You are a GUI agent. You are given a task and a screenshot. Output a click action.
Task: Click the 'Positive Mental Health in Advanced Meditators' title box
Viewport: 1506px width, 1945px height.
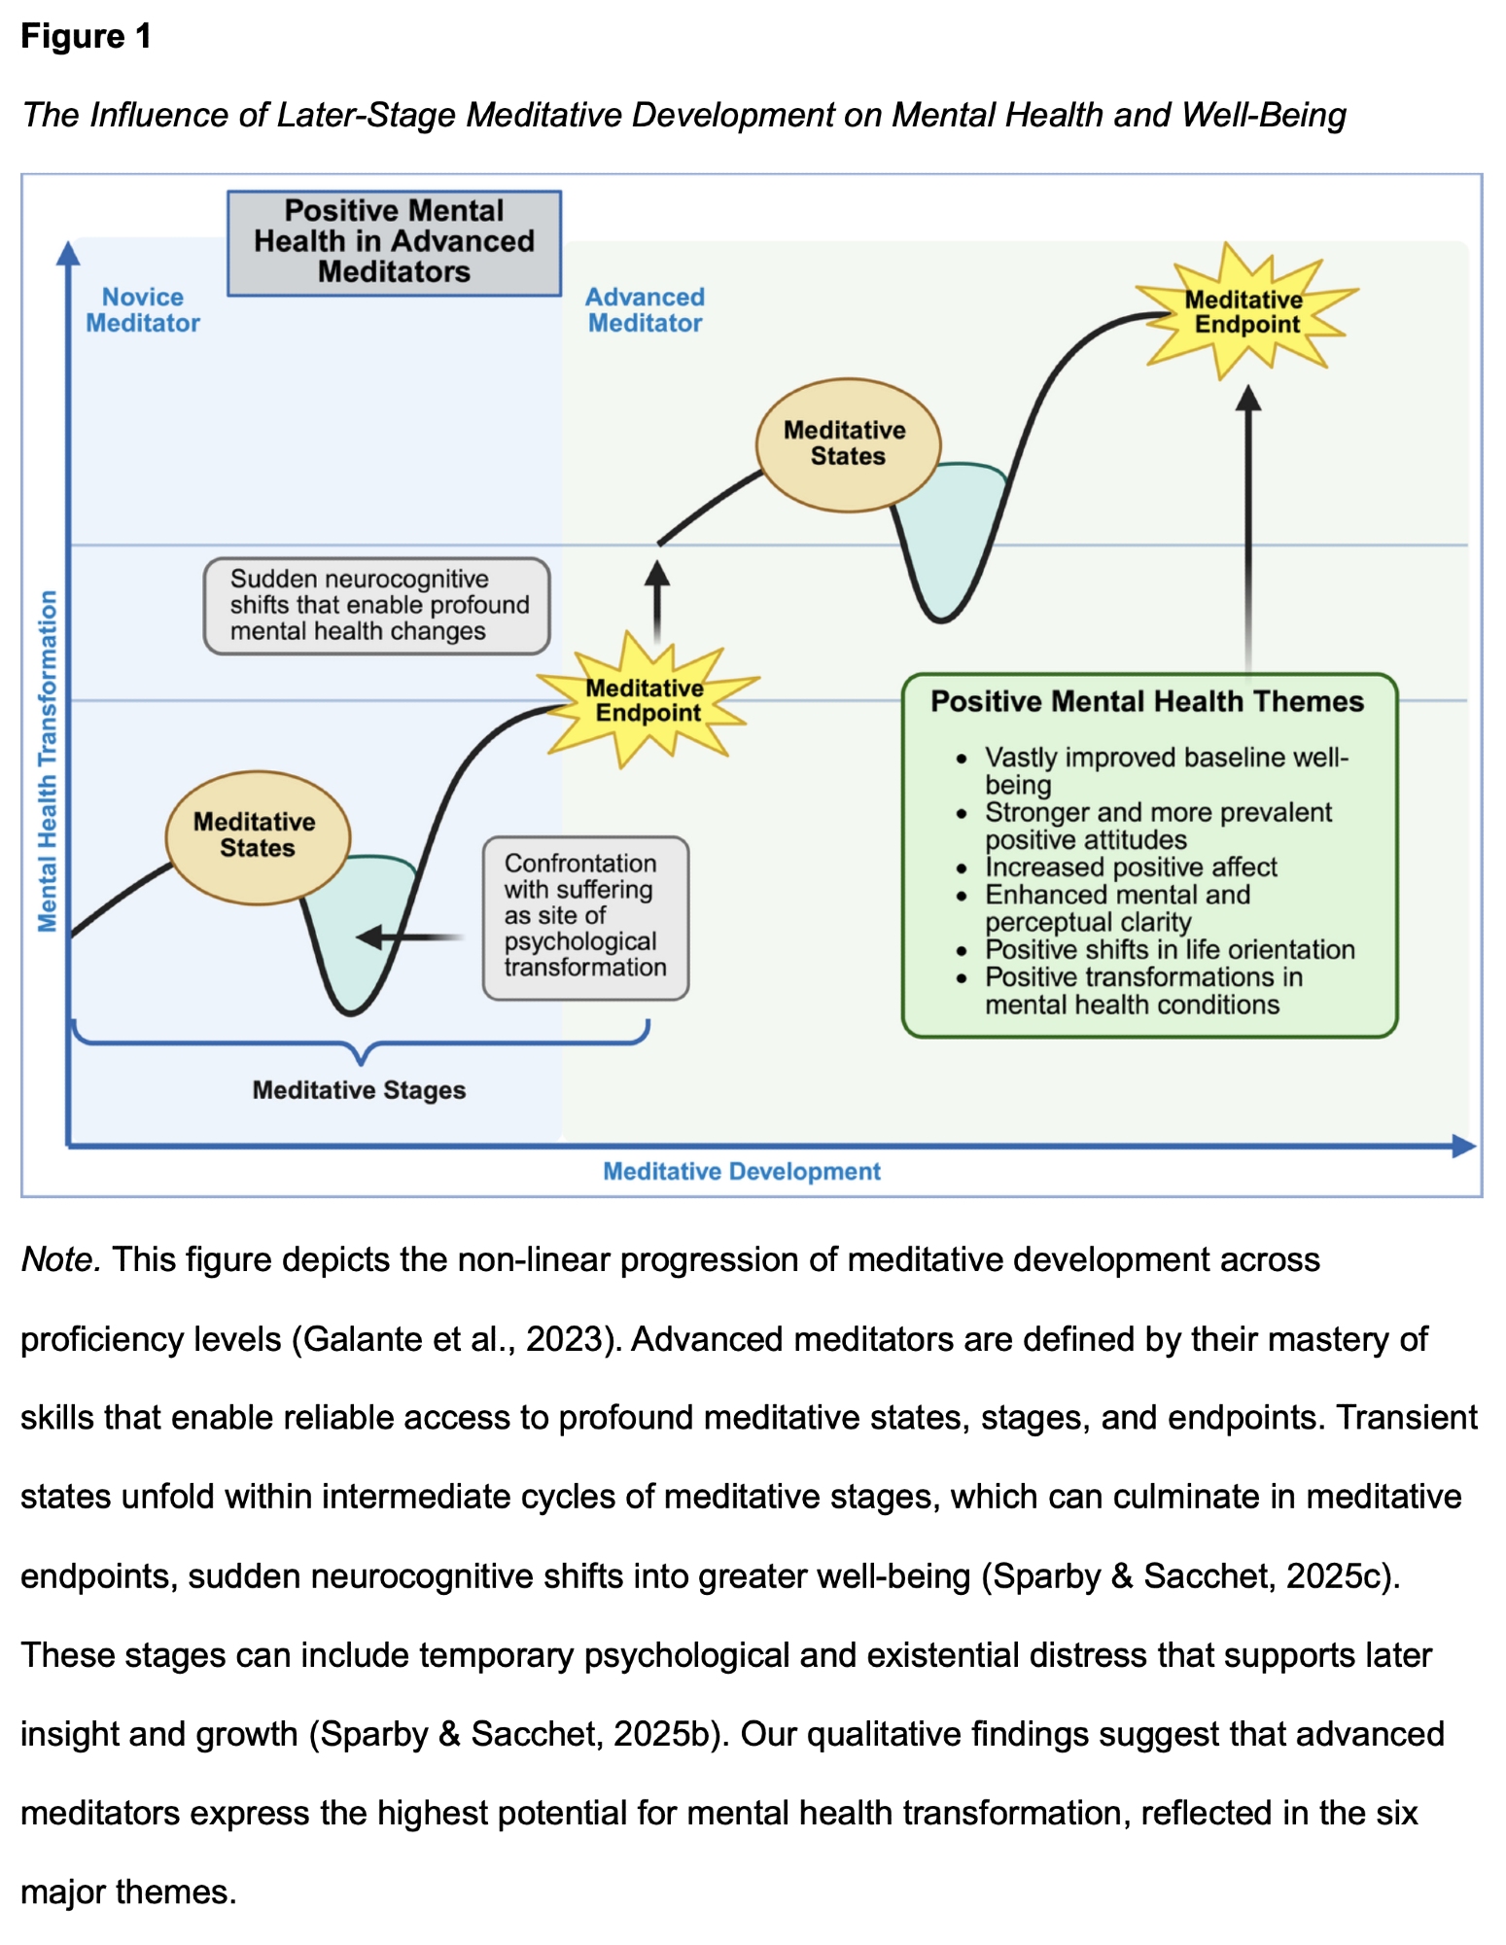pos(394,242)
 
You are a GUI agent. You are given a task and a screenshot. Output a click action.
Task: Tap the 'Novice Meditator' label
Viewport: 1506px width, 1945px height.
pos(143,310)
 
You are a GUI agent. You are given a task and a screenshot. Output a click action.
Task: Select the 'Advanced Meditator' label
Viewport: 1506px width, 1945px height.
pos(645,310)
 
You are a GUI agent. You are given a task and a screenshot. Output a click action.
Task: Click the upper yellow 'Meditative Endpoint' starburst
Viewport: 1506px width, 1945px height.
pos(1245,312)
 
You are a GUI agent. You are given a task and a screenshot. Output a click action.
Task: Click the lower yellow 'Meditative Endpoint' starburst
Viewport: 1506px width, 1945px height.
pos(647,700)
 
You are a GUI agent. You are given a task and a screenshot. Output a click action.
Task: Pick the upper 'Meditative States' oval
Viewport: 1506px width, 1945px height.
pos(848,444)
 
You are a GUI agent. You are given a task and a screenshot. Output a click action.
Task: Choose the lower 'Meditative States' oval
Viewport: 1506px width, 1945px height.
pos(257,835)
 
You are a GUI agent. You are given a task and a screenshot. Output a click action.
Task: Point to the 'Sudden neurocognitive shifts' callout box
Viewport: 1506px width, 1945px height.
pos(377,605)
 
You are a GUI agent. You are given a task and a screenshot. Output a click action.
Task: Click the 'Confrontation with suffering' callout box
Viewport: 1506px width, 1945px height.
pos(585,916)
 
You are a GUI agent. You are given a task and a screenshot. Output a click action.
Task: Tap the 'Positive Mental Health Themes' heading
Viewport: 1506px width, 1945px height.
pos(1147,701)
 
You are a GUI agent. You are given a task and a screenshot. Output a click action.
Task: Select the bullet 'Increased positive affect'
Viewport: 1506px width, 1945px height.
pos(1131,866)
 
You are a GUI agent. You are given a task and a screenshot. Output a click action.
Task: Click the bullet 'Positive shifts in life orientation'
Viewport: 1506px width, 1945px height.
pos(1170,949)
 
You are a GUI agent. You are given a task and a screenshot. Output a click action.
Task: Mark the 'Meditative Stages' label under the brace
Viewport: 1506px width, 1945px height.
pos(359,1090)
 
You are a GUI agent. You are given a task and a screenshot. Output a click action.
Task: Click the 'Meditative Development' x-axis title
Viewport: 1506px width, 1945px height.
pos(741,1172)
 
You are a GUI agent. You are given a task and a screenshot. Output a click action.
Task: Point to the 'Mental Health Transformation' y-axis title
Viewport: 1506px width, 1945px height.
pos(47,760)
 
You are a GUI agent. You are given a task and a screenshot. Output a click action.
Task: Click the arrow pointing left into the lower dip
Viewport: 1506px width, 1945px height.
pos(408,937)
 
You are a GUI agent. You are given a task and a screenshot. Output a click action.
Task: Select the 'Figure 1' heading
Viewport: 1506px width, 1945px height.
pos(87,37)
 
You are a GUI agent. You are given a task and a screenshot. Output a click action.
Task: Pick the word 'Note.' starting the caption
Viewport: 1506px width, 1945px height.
pos(60,1260)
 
